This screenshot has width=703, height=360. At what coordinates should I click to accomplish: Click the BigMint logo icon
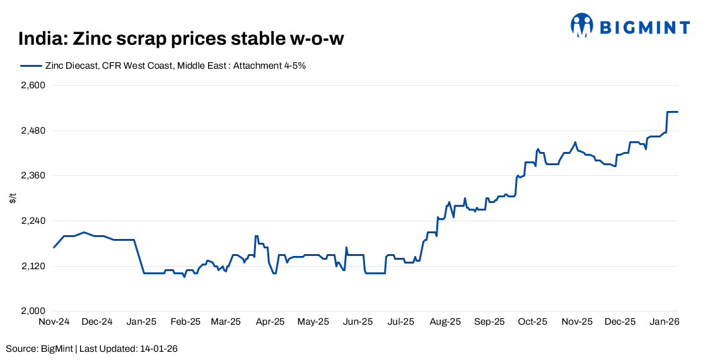click(582, 25)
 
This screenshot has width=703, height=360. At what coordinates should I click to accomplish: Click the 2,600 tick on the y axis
click(34, 85)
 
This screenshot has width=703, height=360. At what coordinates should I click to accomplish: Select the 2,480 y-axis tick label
click(34, 131)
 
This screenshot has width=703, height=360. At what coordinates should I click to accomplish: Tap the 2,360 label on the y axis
click(34, 175)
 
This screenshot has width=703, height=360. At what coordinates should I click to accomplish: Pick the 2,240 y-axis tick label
click(34, 221)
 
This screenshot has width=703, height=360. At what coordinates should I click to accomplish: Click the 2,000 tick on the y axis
click(34, 311)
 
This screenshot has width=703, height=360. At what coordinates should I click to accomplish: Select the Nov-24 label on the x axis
click(54, 322)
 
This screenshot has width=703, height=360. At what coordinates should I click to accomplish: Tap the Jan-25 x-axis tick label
click(141, 322)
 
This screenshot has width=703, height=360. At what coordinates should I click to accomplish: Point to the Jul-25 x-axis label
click(400, 322)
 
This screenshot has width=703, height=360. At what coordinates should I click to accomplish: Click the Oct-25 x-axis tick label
click(533, 322)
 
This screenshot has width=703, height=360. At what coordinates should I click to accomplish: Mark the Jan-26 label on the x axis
click(665, 322)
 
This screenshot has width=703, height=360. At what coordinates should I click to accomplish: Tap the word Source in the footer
click(21, 349)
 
